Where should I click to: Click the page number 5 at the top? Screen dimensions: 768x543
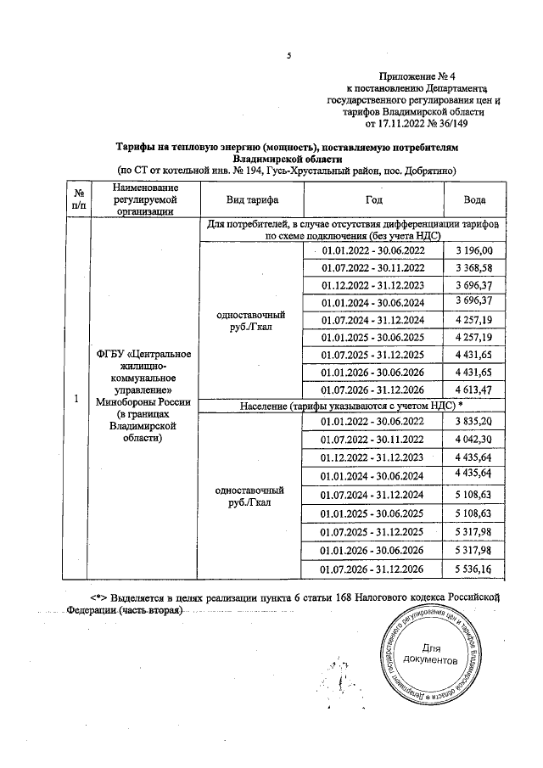[289, 56]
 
